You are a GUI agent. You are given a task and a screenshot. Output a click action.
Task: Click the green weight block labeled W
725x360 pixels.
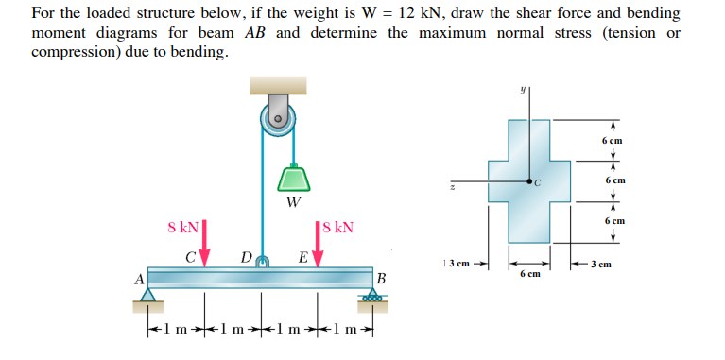coord(295,179)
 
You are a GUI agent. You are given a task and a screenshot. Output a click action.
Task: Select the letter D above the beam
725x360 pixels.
coord(246,256)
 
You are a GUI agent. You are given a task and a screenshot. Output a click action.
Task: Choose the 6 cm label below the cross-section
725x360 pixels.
coord(529,274)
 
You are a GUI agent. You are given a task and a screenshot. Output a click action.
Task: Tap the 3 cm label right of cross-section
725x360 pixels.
coord(602,265)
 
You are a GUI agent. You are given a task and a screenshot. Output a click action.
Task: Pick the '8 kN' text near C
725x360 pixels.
coord(182,227)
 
